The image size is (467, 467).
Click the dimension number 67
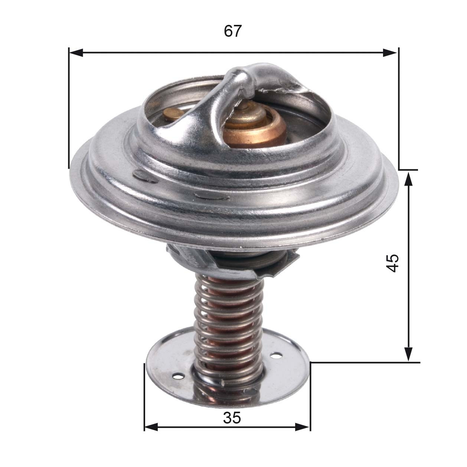(x=233, y=31)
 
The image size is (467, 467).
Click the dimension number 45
(x=392, y=263)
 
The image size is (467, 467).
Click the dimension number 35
(x=232, y=418)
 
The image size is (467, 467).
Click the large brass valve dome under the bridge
(x=256, y=126)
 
